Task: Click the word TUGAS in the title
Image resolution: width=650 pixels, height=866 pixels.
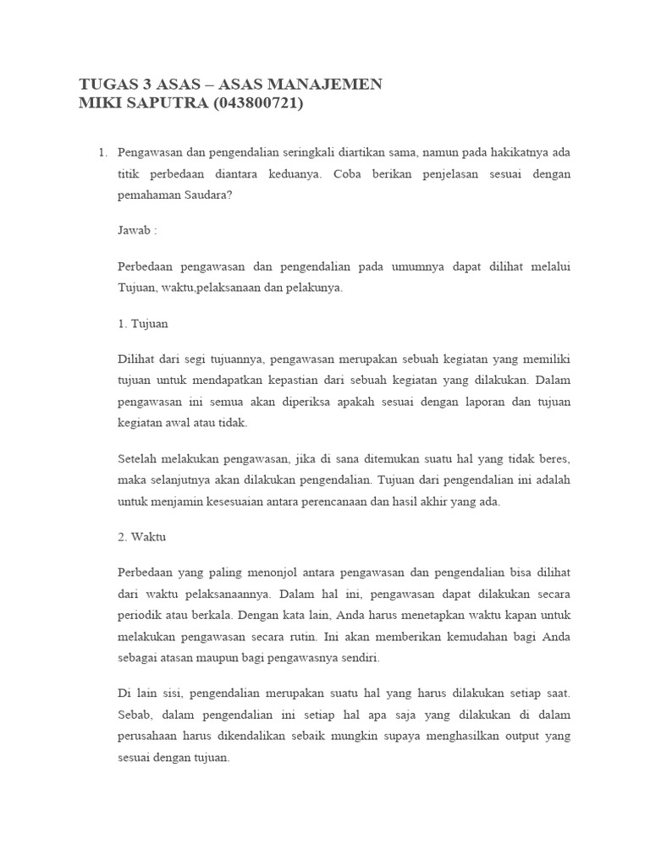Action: tap(106, 84)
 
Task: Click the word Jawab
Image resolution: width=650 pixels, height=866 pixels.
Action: tap(135, 231)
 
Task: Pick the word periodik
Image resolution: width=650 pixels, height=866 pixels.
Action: tap(139, 613)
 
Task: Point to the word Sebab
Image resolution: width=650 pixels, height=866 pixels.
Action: tap(135, 715)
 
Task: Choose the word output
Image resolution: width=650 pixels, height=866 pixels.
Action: tap(519, 736)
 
